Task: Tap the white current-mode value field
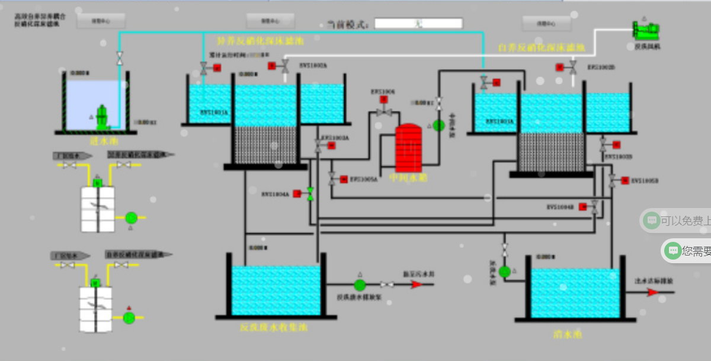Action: click(418, 24)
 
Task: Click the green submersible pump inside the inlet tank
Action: click(102, 117)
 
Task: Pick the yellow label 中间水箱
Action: click(408, 177)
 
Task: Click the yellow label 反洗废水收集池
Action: click(274, 327)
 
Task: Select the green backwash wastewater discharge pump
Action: click(360, 285)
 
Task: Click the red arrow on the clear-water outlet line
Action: click(652, 292)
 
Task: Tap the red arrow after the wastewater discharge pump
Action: click(417, 285)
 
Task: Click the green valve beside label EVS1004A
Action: click(310, 194)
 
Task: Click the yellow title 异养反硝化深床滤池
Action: click(261, 42)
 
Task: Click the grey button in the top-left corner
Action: click(101, 21)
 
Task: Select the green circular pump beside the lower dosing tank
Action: click(129, 318)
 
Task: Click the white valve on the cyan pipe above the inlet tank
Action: click(119, 58)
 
